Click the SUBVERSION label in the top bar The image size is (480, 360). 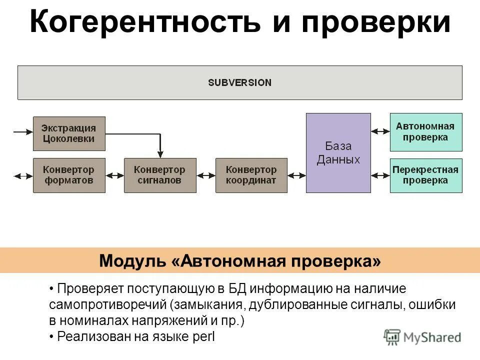tap(239, 82)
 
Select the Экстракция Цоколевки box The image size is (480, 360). tap(69, 133)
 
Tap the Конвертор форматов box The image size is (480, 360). tap(69, 175)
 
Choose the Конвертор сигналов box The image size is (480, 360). tap(160, 175)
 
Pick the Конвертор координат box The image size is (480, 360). tap(251, 175)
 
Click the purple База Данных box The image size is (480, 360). tap(338, 153)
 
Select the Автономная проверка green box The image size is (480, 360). tap(426, 132)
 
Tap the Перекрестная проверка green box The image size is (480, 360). tap(426, 175)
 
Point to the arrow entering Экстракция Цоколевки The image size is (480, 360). tap(23, 132)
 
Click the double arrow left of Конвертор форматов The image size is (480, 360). tap(23, 175)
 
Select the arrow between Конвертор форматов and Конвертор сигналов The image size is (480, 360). tap(114, 175)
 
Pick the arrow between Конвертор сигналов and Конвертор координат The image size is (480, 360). tap(205, 175)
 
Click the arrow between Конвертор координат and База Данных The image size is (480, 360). tap(296, 175)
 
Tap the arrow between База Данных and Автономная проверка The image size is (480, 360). tap(380, 131)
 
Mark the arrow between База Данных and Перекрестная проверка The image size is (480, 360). tap(380, 175)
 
